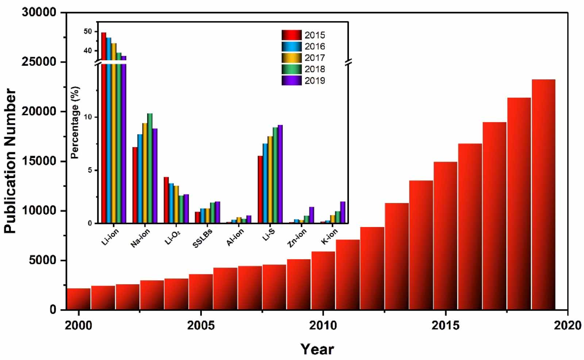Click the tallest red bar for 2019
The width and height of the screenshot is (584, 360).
[x=543, y=194]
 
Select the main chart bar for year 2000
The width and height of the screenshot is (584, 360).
[x=78, y=299]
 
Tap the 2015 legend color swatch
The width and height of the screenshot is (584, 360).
[x=291, y=35]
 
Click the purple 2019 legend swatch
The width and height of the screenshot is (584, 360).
[x=291, y=80]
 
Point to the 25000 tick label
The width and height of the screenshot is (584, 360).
[x=39, y=62]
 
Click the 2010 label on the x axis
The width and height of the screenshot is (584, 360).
[x=323, y=325]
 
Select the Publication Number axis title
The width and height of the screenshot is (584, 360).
[x=10, y=161]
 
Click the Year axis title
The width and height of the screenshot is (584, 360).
[x=317, y=349]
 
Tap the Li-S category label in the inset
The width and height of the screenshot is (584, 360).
[x=269, y=235]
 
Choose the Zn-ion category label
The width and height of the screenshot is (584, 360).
[x=297, y=238]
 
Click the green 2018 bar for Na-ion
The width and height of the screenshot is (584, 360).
[x=150, y=168]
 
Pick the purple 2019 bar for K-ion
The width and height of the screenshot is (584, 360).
[x=343, y=212]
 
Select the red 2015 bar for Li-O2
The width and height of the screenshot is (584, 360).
[x=166, y=200]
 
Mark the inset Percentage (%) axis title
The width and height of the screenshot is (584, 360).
[x=75, y=122]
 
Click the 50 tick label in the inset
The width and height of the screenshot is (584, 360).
[x=88, y=32]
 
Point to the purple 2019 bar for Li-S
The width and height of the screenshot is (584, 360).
[x=280, y=174]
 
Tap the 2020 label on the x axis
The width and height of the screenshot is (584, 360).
[x=567, y=325]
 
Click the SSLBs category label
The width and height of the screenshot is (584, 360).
[x=203, y=238]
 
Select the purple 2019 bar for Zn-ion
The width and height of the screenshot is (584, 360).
[x=311, y=215]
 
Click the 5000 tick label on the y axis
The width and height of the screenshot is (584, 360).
[x=43, y=260]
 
